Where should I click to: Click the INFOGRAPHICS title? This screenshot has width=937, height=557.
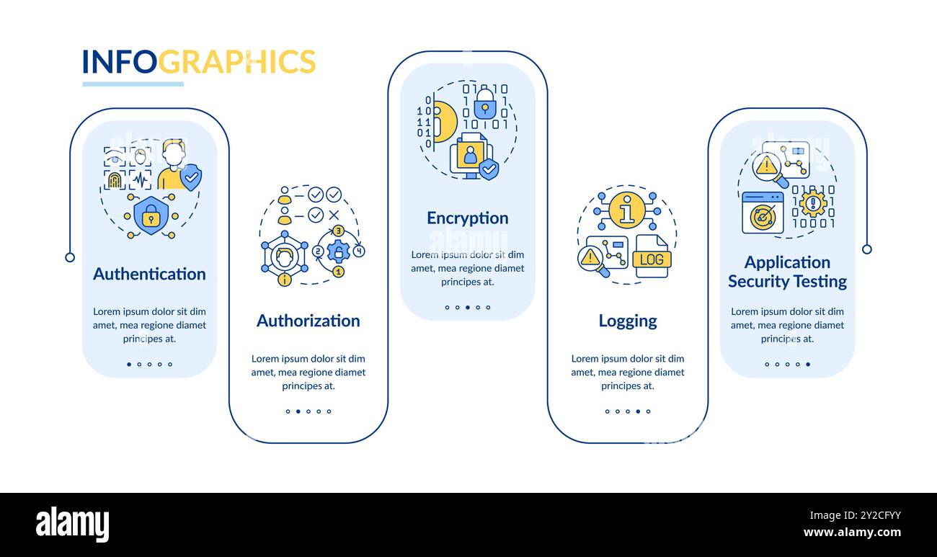[x=198, y=62]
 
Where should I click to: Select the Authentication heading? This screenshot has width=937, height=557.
[x=149, y=274]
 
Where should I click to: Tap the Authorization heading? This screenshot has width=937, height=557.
[x=308, y=321]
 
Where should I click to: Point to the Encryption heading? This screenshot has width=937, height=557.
[x=467, y=218]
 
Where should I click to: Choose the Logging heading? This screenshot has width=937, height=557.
[x=627, y=321]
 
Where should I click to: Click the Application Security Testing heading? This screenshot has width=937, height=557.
[x=787, y=272]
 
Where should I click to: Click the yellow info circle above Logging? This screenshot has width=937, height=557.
[x=626, y=210]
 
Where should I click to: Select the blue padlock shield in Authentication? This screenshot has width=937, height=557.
[x=151, y=215]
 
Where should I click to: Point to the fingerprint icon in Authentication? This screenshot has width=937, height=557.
[x=115, y=180]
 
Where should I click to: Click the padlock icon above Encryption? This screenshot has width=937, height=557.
[x=484, y=104]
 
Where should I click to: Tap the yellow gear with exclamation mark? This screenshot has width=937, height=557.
[x=812, y=203]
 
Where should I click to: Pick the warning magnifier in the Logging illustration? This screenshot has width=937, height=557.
[x=592, y=259]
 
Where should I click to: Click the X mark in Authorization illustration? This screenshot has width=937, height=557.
[x=334, y=215]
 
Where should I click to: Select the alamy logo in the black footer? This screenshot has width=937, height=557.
[x=72, y=525]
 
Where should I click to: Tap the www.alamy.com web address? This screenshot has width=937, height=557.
[x=852, y=533]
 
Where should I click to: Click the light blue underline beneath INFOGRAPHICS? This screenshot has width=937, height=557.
[x=133, y=84]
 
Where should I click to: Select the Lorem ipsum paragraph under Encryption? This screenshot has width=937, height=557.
[x=467, y=268]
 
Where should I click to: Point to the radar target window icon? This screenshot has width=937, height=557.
[x=763, y=214]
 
